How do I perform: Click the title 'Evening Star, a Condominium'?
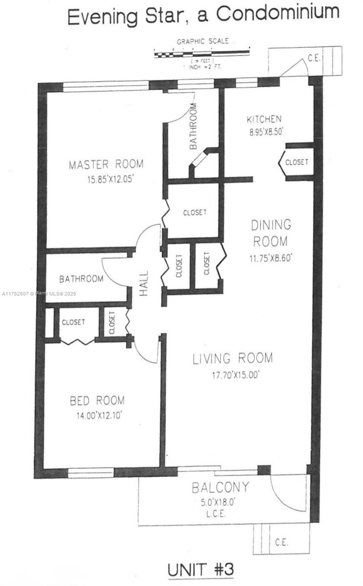tap(203, 15)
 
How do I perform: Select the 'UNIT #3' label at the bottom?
tap(201, 569)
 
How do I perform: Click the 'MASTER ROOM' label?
tap(106, 164)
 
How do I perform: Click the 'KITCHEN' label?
tap(264, 119)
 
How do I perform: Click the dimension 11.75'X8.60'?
tap(272, 258)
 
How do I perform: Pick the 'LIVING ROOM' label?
tap(232, 358)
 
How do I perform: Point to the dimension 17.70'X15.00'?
tap(232, 375)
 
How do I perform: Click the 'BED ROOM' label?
tap(97, 401)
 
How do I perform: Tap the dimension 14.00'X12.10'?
tap(98, 416)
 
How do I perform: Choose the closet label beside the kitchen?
tap(297, 162)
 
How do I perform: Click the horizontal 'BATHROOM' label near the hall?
tap(81, 279)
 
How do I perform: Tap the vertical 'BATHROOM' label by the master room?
tap(193, 126)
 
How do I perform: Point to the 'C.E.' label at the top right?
tap(314, 58)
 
